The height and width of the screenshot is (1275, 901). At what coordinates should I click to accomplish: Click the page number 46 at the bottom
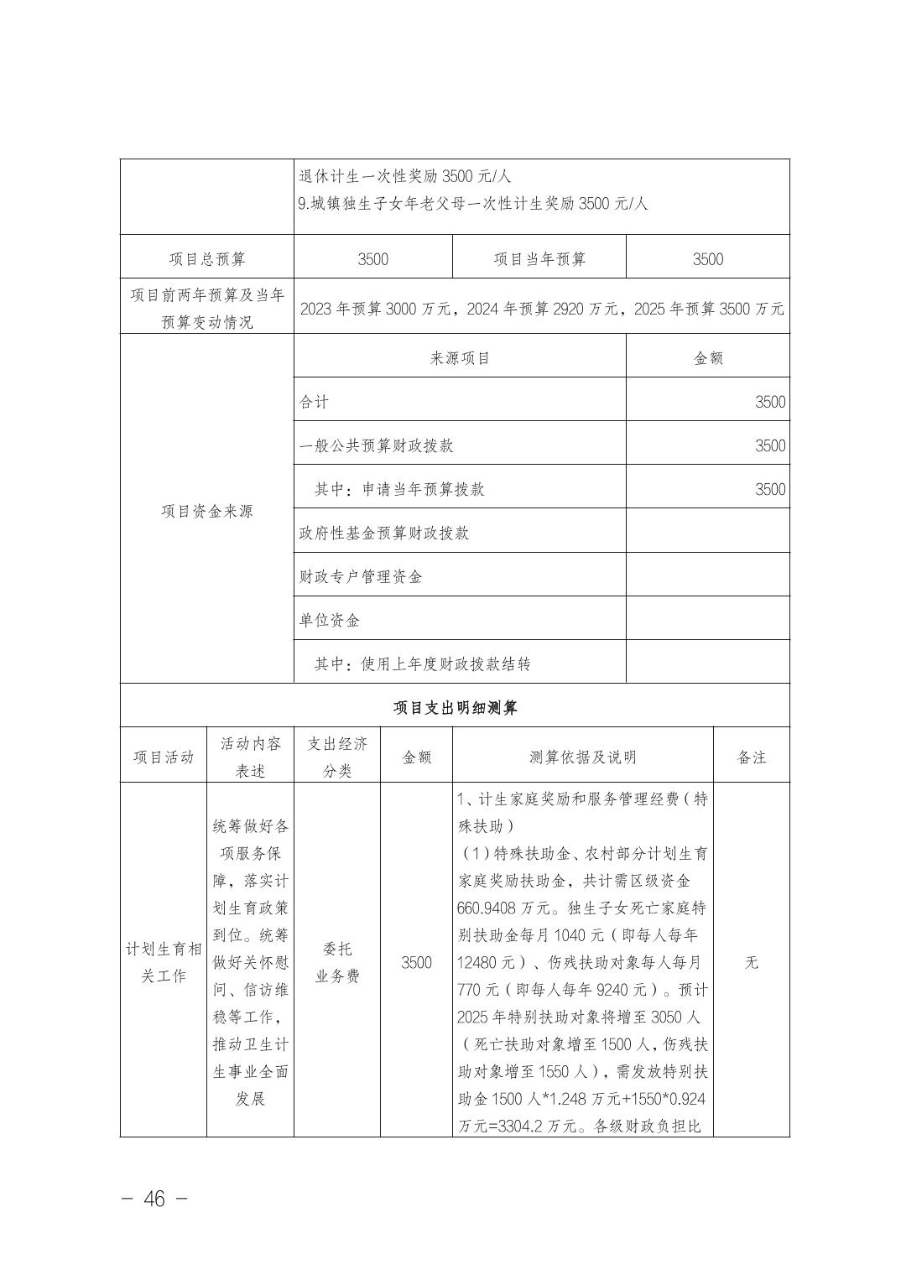pyautogui.click(x=154, y=1199)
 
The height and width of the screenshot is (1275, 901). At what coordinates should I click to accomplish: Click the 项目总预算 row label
pyautogui.click(x=207, y=259)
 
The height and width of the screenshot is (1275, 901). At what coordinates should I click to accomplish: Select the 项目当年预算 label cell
pyautogui.click(x=539, y=259)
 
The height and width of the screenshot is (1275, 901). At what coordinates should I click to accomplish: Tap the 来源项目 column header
pyautogui.click(x=460, y=358)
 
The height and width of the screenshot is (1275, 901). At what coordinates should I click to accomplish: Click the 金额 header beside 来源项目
pyautogui.click(x=708, y=358)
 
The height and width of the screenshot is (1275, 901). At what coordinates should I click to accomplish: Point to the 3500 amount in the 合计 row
pyautogui.click(x=769, y=402)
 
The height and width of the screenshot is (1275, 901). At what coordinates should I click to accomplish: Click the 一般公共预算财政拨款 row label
pyautogui.click(x=377, y=445)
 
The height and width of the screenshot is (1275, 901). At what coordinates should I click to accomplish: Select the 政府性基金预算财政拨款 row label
pyautogui.click(x=384, y=533)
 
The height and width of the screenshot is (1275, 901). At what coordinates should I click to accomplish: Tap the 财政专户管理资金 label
pyautogui.click(x=361, y=576)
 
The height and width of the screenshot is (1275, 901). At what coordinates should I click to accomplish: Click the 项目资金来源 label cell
pyautogui.click(x=207, y=511)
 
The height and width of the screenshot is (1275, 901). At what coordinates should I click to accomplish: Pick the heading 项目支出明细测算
pyautogui.click(x=455, y=707)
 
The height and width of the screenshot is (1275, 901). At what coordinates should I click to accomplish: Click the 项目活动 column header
pyautogui.click(x=164, y=757)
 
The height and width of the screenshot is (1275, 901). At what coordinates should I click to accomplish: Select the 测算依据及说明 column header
pyautogui.click(x=582, y=757)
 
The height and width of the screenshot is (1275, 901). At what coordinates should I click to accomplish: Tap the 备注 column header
pyautogui.click(x=751, y=757)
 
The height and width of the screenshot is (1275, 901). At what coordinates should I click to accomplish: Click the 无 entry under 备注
pyautogui.click(x=751, y=962)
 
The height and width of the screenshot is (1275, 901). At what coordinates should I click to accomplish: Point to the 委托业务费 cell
pyautogui.click(x=337, y=962)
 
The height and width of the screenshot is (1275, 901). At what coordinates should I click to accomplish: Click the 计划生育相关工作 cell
pyautogui.click(x=164, y=962)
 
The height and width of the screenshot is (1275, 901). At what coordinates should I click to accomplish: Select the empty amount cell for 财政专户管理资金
pyautogui.click(x=708, y=576)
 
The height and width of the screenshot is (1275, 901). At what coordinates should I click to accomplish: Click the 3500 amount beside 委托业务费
pyautogui.click(x=416, y=962)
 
